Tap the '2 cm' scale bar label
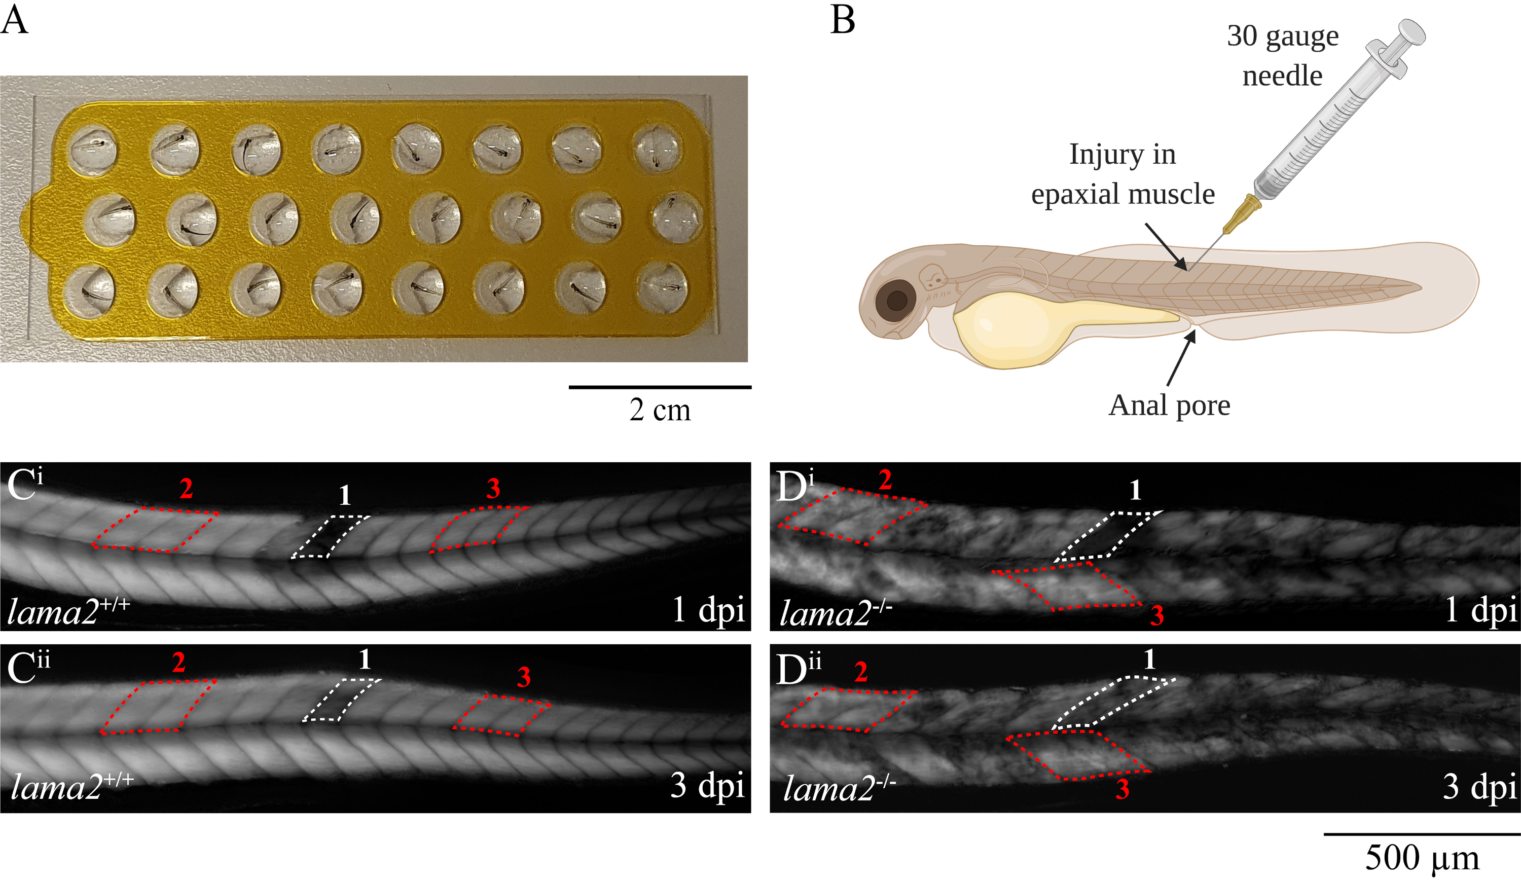coord(660,410)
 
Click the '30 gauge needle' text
coord(1283,56)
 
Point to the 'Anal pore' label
coord(1169,406)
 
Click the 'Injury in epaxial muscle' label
coord(1122,174)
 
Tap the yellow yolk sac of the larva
coord(1014,329)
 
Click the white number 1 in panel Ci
coord(345,496)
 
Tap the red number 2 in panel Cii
coord(178,663)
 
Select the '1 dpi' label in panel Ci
coord(708,610)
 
